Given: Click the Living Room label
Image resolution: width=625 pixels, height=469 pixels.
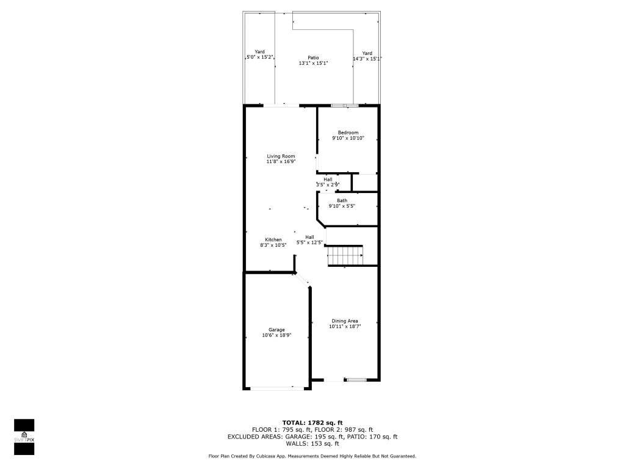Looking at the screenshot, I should tap(281, 156).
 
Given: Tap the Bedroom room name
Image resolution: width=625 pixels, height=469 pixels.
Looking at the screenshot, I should tap(348, 133).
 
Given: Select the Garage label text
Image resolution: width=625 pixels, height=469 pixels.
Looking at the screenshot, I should tap(276, 330).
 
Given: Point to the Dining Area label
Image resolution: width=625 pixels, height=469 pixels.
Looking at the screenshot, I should tap(345, 321).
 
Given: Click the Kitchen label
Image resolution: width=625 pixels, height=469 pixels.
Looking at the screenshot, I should tap(273, 239).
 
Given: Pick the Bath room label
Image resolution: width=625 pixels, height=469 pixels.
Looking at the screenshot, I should tap(342, 200).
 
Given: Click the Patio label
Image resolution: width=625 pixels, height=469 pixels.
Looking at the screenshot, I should tap(313, 58).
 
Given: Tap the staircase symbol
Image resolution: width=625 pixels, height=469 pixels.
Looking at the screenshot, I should tap(345, 255).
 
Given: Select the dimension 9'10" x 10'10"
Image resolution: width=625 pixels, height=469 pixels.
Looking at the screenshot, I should tap(348, 139).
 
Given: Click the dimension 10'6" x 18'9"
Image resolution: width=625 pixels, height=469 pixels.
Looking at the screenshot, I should tap(276, 335).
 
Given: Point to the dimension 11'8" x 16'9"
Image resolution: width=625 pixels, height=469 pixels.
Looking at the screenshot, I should tap(281, 162).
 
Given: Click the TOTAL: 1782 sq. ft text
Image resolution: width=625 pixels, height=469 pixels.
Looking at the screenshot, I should tap(312, 423).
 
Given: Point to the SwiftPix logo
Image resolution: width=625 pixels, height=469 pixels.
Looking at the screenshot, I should tap(24, 437).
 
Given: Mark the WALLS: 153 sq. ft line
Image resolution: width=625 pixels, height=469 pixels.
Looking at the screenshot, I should tap(312, 443).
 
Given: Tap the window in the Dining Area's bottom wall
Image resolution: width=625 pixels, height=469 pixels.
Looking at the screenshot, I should tap(356, 380).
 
